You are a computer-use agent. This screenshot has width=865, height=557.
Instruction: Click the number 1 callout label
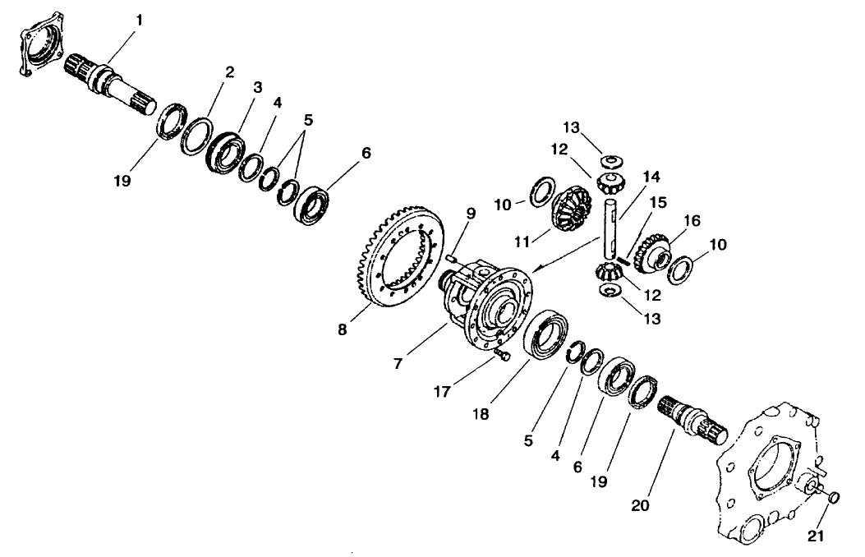(139, 19)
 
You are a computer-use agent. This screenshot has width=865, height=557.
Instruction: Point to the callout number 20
(640, 505)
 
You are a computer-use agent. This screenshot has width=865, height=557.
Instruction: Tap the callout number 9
(471, 214)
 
